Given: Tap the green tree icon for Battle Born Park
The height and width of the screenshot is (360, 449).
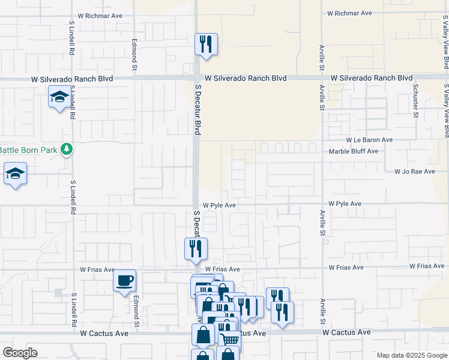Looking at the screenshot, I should tap(67, 149).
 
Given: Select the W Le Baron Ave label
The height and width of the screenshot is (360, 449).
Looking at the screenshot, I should tap(360, 140).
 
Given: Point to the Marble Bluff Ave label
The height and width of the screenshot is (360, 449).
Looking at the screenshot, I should tap(354, 151).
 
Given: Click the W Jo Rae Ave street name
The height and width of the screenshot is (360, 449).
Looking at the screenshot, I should tap(414, 172).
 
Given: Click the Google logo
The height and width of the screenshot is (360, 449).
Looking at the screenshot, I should tap(20, 353).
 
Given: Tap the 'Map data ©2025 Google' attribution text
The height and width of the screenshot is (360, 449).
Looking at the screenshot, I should tap(411, 355).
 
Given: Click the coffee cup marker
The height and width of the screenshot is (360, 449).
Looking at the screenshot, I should tap(124, 281).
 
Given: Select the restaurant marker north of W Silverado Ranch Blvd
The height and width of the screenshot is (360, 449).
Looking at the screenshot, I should tap(206, 44).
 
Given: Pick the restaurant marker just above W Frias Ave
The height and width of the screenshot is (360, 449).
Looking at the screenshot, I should tap(195, 249).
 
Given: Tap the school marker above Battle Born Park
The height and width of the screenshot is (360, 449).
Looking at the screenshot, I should tap(59, 97).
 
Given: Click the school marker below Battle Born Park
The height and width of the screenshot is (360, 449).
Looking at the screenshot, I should tap(16, 175).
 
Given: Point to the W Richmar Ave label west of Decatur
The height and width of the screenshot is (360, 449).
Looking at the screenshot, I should tap(100, 16).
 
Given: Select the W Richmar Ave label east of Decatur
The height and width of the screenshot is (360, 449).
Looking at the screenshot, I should tap(349, 13).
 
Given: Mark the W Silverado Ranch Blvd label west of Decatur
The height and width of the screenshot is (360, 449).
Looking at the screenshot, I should tap(72, 79).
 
